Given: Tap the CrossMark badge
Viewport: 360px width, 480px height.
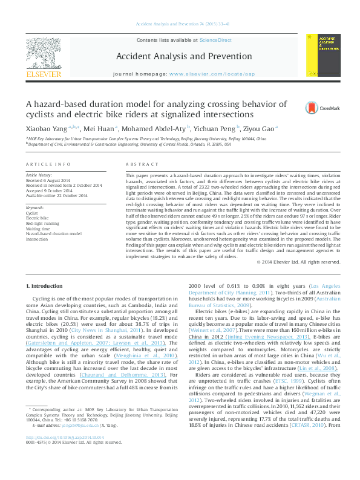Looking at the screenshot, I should coord(317,108).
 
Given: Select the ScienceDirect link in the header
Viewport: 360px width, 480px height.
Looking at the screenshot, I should coord(216,40).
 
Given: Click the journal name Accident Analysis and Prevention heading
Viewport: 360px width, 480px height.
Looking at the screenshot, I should coord(180,56).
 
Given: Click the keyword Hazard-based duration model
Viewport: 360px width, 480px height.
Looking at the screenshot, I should coord(54,233).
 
